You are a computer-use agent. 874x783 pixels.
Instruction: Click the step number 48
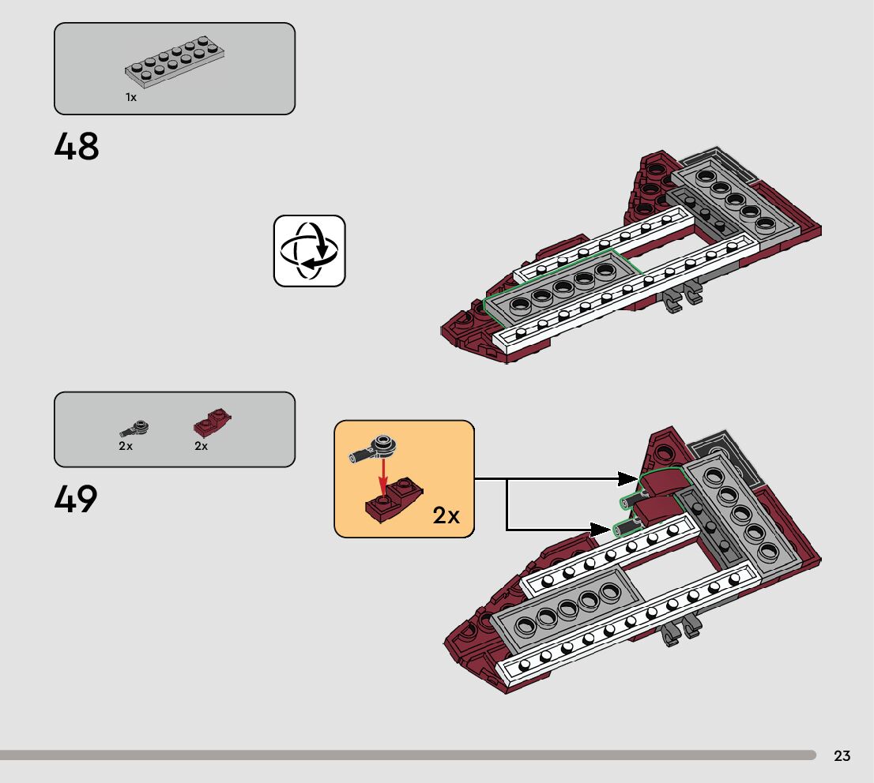(x=77, y=147)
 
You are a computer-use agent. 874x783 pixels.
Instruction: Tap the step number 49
(x=77, y=499)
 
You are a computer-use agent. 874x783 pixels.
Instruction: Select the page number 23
(x=842, y=756)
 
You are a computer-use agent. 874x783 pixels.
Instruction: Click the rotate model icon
(x=310, y=251)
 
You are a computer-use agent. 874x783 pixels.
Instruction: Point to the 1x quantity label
(x=130, y=97)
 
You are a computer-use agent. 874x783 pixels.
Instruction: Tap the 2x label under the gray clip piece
(x=126, y=446)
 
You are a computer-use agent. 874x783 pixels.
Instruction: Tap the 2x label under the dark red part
(x=202, y=446)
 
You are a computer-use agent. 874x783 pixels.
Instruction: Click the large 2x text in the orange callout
(x=446, y=515)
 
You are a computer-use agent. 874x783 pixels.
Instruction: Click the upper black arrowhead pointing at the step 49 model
(x=627, y=478)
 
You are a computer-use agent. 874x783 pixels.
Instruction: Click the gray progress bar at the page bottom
(x=408, y=755)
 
